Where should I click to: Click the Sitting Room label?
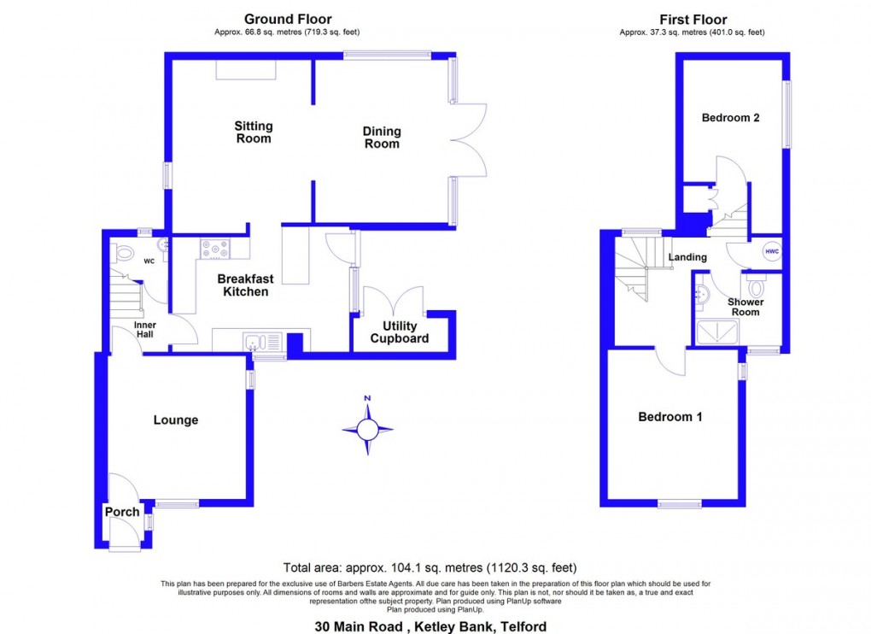tap(254, 132)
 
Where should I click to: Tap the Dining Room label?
tap(382, 138)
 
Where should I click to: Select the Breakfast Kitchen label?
tap(246, 285)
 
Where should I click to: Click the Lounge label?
tap(176, 420)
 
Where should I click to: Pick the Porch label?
tap(122, 512)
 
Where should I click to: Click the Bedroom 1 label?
tap(670, 417)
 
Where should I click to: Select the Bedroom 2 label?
tap(731, 118)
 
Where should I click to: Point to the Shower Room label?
tap(745, 307)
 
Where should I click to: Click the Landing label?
tap(687, 257)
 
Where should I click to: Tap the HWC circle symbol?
tap(771, 251)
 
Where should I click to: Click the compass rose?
tap(368, 430)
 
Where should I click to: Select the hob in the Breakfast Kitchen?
tap(215, 249)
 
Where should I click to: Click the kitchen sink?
tap(254, 343)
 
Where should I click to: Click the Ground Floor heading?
tap(288, 19)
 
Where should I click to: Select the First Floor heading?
tap(693, 19)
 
